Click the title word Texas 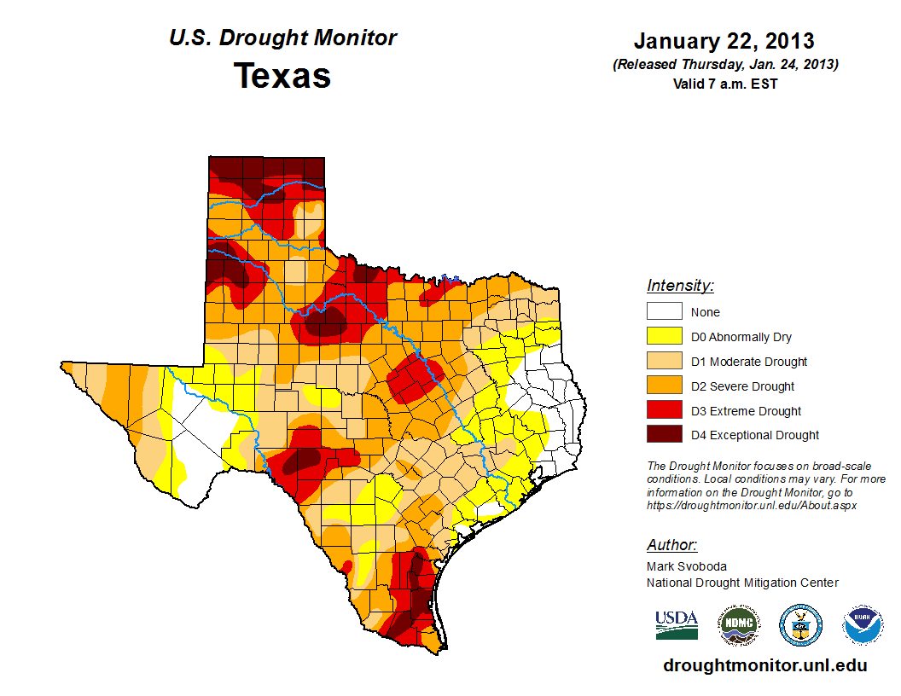pos(282,76)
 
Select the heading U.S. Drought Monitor pos(282,38)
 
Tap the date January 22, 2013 pos(724,41)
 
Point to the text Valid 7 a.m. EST pos(724,84)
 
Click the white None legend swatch pos(664,312)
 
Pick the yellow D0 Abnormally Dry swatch pos(664,337)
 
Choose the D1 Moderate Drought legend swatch pos(664,362)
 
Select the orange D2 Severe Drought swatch pos(664,386)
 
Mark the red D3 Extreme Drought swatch pos(664,411)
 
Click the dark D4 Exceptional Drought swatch pos(664,435)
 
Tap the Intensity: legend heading pos(680,286)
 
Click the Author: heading pos(671,545)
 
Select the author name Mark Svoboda pos(687,566)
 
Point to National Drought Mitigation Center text pos(742,583)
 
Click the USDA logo pos(677,624)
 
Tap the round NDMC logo pos(738,625)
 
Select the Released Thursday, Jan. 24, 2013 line pos(724,65)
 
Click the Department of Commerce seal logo pos(800,625)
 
